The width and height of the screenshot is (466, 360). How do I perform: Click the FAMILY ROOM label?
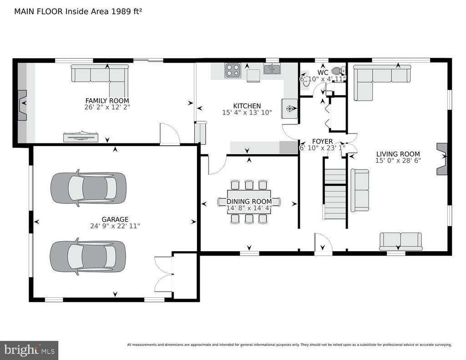click(107, 101)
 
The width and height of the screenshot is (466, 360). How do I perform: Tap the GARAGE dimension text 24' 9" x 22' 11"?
click(115, 226)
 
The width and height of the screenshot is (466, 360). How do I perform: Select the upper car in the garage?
click(88, 188)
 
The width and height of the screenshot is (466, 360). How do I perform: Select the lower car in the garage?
click(88, 256)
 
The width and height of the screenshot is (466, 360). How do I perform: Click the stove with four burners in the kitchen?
click(233, 71)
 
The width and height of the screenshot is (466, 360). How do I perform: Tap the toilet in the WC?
click(338, 71)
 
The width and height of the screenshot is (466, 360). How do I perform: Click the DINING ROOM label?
click(249, 202)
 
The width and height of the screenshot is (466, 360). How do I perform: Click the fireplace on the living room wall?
click(442, 159)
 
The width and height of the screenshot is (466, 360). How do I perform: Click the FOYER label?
click(322, 141)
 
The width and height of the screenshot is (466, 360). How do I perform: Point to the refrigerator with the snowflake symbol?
click(289, 108)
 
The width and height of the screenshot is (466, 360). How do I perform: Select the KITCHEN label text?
click(247, 106)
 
